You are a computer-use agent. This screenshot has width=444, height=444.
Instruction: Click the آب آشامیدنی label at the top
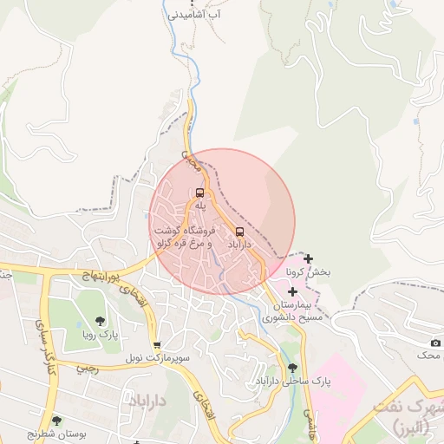click(194, 15)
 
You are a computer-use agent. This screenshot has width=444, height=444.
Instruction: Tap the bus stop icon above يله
click(200, 193)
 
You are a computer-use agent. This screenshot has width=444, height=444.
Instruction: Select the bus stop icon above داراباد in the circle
click(240, 232)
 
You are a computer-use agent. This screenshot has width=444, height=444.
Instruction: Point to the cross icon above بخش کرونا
click(308, 258)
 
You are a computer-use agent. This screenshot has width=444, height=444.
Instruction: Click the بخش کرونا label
click(309, 272)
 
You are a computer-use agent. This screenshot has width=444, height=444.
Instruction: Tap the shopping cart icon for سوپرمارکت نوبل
click(156, 344)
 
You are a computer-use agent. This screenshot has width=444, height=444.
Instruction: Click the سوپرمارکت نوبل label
click(156, 357)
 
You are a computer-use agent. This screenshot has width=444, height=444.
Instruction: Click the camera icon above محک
click(435, 343)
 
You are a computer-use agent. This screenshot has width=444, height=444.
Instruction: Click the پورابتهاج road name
click(85, 276)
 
